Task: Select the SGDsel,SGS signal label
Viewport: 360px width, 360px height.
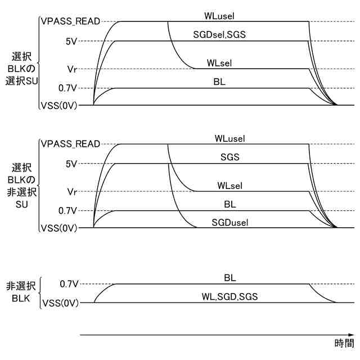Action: (219, 34)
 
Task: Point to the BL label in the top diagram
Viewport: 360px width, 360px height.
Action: (220, 82)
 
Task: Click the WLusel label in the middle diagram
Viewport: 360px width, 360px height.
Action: (230, 138)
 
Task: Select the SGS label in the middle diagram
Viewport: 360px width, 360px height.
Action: (230, 157)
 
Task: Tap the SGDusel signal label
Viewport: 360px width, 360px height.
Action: (230, 222)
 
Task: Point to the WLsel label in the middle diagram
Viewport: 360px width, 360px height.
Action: (230, 186)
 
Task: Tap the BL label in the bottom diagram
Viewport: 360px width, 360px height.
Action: (230, 277)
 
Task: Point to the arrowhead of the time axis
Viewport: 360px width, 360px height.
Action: (352, 335)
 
